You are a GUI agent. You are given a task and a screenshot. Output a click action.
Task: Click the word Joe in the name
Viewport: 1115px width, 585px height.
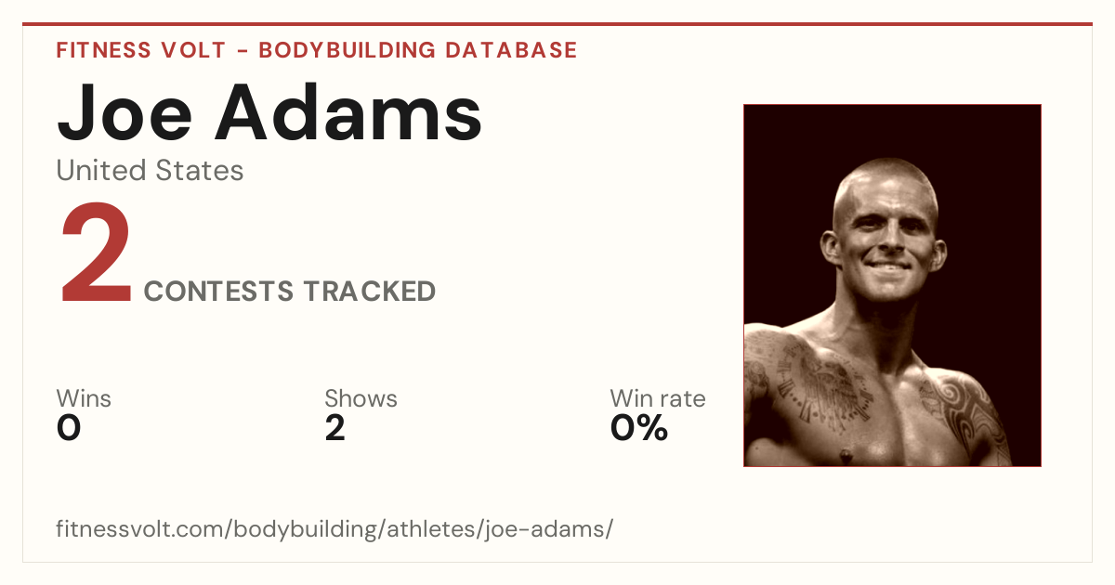[125, 113]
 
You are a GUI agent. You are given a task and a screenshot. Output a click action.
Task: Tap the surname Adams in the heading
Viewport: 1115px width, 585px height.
[348, 112]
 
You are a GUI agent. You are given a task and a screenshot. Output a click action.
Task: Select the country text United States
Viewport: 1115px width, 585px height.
[150, 171]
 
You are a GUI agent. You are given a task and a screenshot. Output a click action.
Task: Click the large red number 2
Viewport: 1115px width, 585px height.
[96, 253]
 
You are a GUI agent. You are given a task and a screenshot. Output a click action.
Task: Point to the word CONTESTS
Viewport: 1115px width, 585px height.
[218, 291]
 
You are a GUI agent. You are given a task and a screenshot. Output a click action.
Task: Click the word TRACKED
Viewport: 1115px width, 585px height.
[370, 291]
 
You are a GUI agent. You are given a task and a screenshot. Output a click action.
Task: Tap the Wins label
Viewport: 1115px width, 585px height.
[84, 398]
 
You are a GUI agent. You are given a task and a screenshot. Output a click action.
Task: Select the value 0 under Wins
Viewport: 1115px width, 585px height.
[69, 428]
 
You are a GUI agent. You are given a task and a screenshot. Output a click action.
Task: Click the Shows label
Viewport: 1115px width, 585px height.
[361, 398]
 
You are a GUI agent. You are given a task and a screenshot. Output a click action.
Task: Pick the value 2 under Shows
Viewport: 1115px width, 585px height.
[335, 428]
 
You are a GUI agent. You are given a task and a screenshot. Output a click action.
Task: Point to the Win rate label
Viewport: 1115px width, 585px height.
[658, 398]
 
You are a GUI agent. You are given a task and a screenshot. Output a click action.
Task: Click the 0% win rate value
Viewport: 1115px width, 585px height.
[639, 428]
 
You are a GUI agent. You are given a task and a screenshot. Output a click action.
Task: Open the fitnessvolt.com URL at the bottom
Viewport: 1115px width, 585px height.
[334, 529]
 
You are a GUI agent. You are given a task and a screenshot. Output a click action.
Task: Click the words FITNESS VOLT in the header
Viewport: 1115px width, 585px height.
[141, 51]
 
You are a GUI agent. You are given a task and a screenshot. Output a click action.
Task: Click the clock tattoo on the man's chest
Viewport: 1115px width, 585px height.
[821, 388]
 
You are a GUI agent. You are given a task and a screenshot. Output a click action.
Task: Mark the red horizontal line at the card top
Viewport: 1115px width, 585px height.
[557, 24]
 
